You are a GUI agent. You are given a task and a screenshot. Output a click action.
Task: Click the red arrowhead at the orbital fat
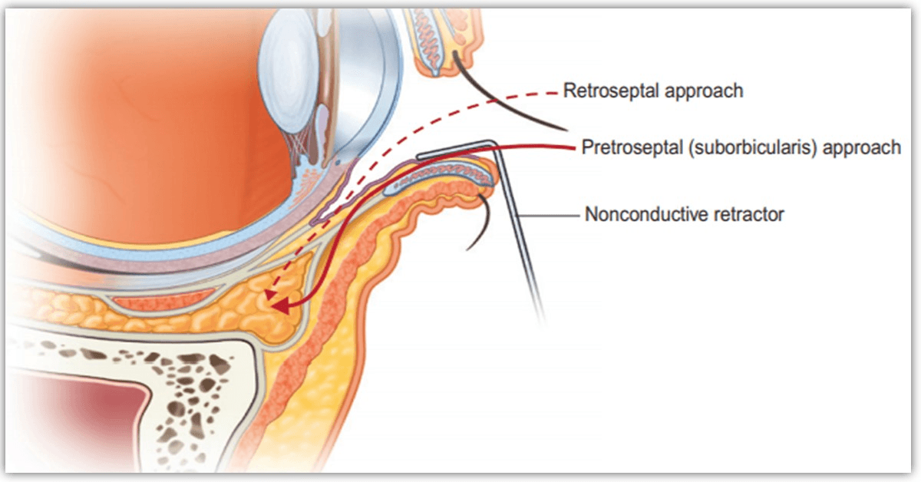(x=282, y=308)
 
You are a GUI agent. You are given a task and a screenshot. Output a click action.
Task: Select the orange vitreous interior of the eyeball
(x=138, y=115)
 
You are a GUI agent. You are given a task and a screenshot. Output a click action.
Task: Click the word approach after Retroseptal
(x=705, y=91)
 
